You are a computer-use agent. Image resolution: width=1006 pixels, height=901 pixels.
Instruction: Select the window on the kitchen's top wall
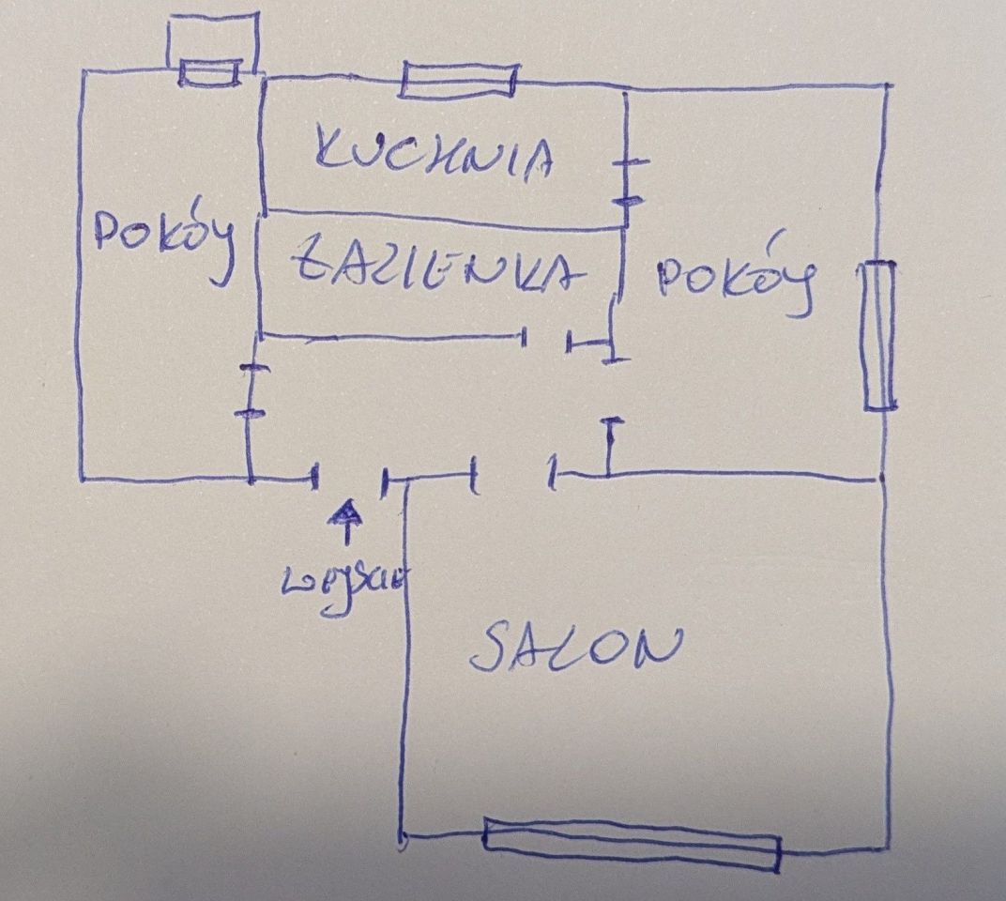tap(458, 80)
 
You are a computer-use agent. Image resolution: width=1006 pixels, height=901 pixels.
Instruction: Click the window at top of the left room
tap(210, 73)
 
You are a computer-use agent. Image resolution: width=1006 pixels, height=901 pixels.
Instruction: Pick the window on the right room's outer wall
tap(878, 336)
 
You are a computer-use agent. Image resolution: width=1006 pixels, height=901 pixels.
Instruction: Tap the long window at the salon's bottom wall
tap(631, 845)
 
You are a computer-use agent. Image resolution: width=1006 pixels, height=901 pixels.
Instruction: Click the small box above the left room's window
tap(212, 38)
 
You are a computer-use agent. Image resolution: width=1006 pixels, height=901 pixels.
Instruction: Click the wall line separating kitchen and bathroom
tap(441, 219)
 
